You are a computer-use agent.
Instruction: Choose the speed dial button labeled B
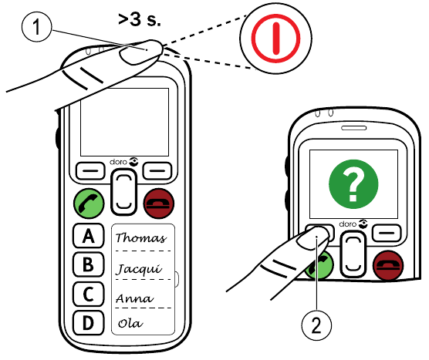(88, 265)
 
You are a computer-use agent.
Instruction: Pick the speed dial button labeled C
(88, 294)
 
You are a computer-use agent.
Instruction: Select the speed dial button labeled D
(88, 321)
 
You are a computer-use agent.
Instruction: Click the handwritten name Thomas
(140, 238)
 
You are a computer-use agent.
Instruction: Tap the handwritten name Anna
(132, 298)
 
